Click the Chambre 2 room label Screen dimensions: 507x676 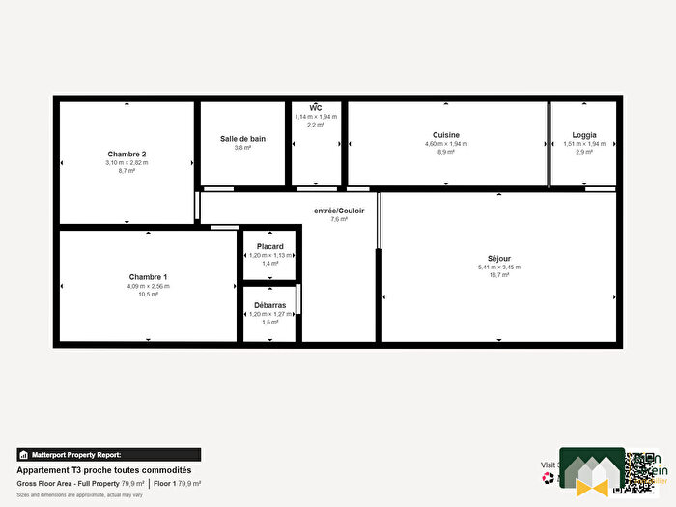(x=127, y=154)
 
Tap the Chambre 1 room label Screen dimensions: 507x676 (x=148, y=277)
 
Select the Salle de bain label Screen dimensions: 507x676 (x=242, y=139)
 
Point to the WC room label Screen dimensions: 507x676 (x=315, y=107)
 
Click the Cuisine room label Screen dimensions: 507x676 (x=445, y=135)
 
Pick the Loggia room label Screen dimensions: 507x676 (x=583, y=135)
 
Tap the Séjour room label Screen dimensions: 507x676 (x=500, y=258)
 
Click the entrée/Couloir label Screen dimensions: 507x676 (x=338, y=210)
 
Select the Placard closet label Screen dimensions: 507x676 (x=270, y=247)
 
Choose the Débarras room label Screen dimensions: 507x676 (x=270, y=305)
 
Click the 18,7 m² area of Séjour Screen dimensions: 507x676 (x=499, y=275)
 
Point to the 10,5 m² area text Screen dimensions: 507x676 (x=148, y=295)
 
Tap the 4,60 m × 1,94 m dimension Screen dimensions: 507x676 (x=445, y=144)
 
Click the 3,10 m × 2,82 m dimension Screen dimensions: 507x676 (x=127, y=162)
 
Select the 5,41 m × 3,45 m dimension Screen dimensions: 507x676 (x=499, y=267)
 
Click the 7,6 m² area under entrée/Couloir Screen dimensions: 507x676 (x=338, y=219)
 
